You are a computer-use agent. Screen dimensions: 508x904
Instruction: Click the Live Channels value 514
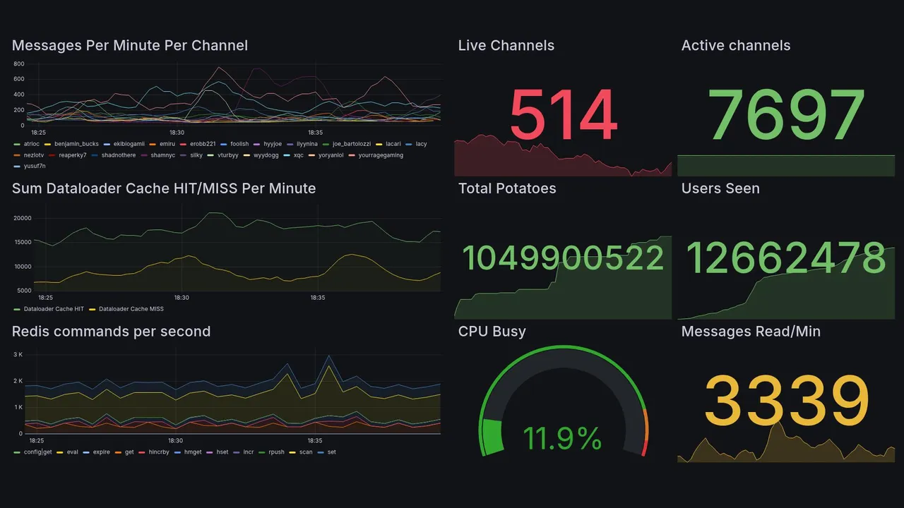[x=563, y=116]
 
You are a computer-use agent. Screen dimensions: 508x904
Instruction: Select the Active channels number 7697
[x=786, y=116]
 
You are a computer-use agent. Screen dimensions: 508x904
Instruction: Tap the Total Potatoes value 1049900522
[x=563, y=258]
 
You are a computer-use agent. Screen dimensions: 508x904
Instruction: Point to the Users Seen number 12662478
[x=786, y=258]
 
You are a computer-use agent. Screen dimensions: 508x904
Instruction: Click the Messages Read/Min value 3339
[x=786, y=401]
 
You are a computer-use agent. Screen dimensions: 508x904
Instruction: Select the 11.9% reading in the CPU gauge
[x=563, y=439]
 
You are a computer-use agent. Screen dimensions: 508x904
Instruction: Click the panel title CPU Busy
[x=492, y=332]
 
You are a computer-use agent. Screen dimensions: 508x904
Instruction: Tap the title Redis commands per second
[x=111, y=332]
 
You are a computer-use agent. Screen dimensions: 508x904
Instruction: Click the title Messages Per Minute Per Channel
[x=130, y=46]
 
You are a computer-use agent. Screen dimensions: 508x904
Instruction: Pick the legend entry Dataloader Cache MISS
[x=131, y=309]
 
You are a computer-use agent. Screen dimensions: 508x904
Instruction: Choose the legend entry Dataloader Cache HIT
[x=53, y=309]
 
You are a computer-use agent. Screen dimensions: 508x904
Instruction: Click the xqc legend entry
[x=298, y=155]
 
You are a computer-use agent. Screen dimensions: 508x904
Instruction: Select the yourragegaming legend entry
[x=381, y=155]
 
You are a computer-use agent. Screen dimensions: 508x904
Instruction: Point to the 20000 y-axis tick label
[x=23, y=218]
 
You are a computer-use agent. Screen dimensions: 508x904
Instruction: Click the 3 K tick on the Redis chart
[x=18, y=354]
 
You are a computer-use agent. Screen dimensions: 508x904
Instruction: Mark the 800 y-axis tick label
[x=19, y=64]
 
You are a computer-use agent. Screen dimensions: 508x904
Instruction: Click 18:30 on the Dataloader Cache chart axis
[x=182, y=298]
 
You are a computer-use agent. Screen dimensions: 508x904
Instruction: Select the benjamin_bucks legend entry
[x=76, y=144]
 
